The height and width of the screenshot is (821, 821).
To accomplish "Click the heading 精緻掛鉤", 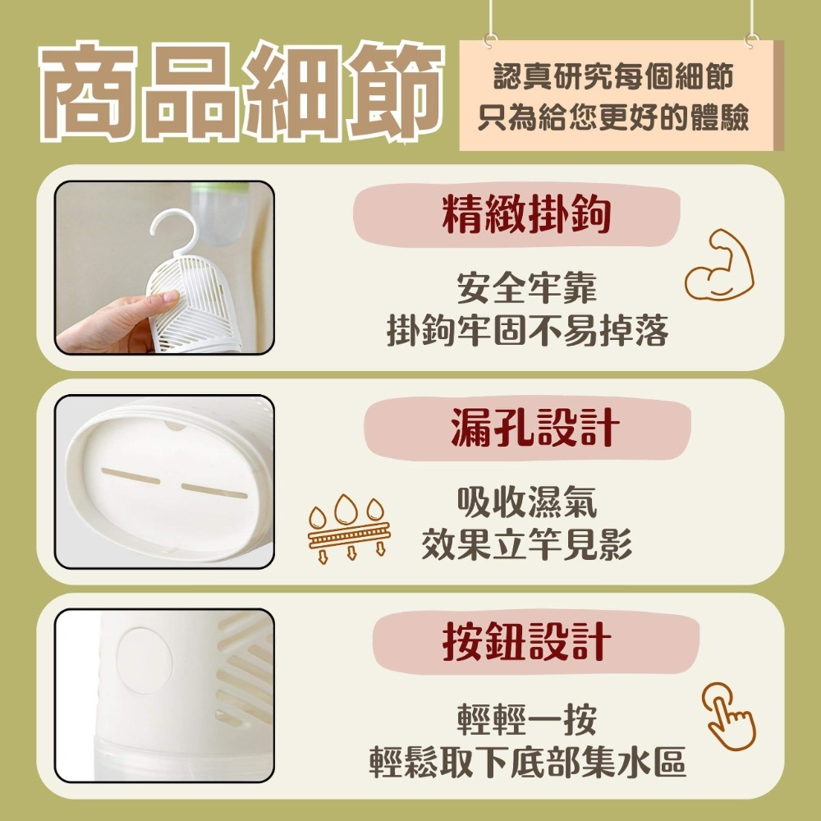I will pos(526,215).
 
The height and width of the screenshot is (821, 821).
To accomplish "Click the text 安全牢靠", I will pos(526,289).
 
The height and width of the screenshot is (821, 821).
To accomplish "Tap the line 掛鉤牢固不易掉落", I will pos(526,330).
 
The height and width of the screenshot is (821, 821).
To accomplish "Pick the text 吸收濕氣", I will pos(526,502).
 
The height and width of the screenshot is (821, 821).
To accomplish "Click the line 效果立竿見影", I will pos(526,544).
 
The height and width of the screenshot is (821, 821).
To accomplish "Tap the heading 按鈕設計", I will pos(526,641).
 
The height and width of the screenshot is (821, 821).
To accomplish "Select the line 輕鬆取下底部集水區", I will pos(526,763).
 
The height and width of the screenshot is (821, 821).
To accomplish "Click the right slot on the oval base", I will pos(214,491).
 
